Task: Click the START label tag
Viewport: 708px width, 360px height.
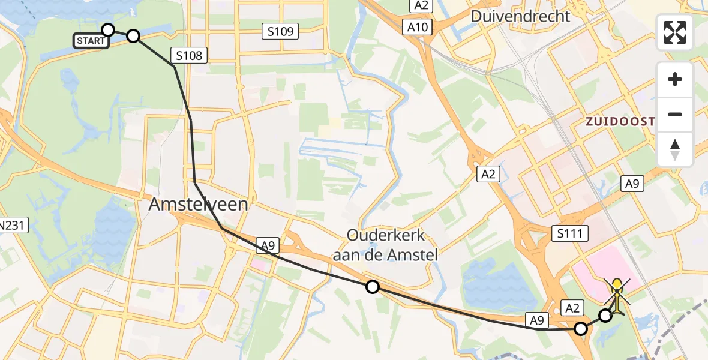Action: [x=90, y=41]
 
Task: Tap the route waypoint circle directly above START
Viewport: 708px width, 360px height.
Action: [x=108, y=30]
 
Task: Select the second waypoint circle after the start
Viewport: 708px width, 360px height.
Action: [x=133, y=36]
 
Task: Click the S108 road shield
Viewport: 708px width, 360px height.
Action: [x=189, y=56]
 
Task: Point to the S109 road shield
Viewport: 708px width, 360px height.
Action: [x=280, y=31]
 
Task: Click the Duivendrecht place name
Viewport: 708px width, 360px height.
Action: [x=520, y=16]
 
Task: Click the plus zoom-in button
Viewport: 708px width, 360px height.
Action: [x=675, y=79]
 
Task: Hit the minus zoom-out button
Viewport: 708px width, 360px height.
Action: [x=675, y=114]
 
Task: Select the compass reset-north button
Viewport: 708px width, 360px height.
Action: [x=675, y=149]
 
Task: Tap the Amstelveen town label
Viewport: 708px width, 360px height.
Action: [x=198, y=205]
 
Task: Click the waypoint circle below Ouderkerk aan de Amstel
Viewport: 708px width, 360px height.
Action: [x=373, y=287]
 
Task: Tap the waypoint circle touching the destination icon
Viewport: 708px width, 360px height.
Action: [x=605, y=316]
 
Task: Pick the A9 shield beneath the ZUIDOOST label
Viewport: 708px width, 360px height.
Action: [x=632, y=184]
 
